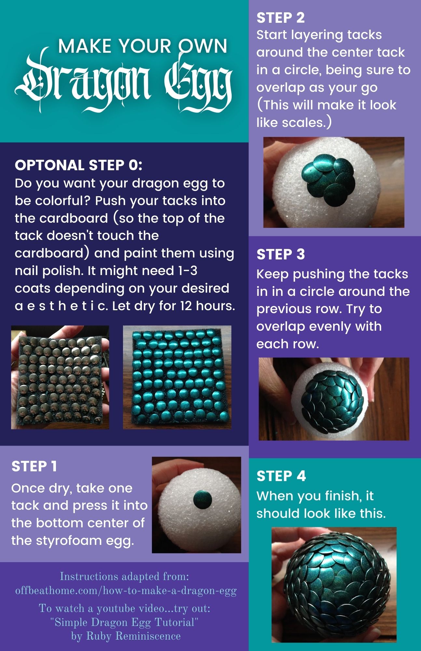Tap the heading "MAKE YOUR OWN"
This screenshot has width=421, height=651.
tap(143, 46)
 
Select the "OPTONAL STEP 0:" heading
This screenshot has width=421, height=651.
tap(78, 165)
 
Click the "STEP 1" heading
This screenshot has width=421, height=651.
tap(34, 466)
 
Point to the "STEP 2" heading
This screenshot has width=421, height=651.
tap(280, 18)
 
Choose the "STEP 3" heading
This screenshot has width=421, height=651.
tap(280, 255)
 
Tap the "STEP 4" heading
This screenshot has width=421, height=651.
tap(281, 476)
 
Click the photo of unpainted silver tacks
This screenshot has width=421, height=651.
tap(60, 377)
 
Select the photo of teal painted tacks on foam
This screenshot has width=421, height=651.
tap(177, 377)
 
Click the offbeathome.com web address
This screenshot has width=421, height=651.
tap(126, 590)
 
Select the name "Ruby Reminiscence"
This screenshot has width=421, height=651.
tap(133, 636)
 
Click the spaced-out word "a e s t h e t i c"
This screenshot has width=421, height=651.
tap(61, 306)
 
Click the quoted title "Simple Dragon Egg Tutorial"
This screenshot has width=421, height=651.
tap(125, 622)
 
